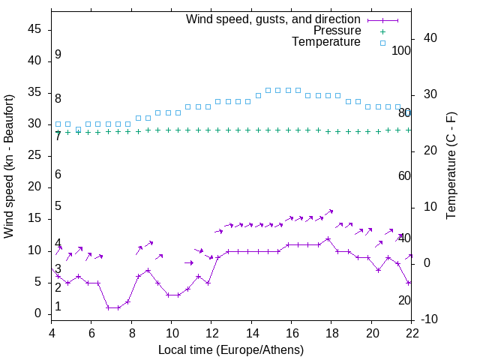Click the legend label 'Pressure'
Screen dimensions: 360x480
pyautogui.click(x=337, y=31)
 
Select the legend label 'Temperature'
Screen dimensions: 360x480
pyautogui.click(x=326, y=43)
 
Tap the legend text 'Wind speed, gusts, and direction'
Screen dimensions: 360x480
pyautogui.click(x=273, y=19)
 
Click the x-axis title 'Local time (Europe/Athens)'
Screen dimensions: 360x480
pyautogui.click(x=231, y=349)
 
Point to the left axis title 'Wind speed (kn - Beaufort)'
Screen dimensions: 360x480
pyautogui.click(x=9, y=166)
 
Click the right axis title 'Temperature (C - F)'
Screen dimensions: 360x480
pyautogui.click(x=451, y=166)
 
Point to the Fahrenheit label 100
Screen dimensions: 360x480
pyautogui.click(x=402, y=51)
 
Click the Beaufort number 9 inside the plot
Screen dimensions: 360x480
pyautogui.click(x=58, y=55)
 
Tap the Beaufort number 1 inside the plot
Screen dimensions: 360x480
pyautogui.click(x=58, y=307)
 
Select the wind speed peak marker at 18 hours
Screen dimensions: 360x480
pyautogui.click(x=328, y=239)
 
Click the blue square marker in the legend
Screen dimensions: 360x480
pyautogui.click(x=382, y=43)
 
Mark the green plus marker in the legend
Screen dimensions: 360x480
pyautogui.click(x=382, y=31)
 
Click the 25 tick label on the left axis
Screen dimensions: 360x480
pyautogui.click(x=35, y=156)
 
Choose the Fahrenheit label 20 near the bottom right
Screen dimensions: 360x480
pyautogui.click(x=405, y=301)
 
